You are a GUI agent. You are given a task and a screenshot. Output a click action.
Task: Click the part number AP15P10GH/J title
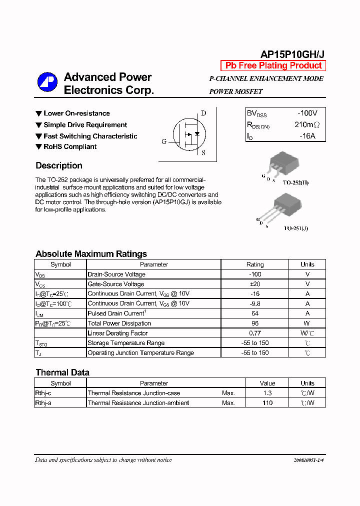[292, 54]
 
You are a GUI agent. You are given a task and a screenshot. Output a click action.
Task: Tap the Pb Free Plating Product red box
[273, 65]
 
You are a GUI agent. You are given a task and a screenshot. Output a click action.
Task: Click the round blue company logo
[47, 83]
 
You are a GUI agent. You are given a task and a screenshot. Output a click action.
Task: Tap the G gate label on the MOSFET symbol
[164, 141]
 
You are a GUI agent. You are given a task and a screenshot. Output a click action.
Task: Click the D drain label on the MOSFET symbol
[203, 113]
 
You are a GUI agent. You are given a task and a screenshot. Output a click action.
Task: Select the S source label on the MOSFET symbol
[203, 153]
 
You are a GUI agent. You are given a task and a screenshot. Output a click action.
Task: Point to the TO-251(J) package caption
[296, 228]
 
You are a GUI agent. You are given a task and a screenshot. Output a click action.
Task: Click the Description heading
[59, 165]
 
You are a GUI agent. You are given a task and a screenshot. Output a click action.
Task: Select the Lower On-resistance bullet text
[76, 113]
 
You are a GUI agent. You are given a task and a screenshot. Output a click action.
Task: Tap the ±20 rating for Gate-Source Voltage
[255, 284]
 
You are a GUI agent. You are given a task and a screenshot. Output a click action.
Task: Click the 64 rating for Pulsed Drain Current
[255, 313]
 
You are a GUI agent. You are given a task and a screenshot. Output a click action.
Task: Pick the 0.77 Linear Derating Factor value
[255, 333]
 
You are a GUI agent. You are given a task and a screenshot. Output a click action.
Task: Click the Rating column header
[255, 264]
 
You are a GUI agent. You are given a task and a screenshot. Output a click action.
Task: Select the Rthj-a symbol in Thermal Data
[43, 403]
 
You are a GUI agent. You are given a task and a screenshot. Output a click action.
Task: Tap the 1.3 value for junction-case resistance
[267, 393]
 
